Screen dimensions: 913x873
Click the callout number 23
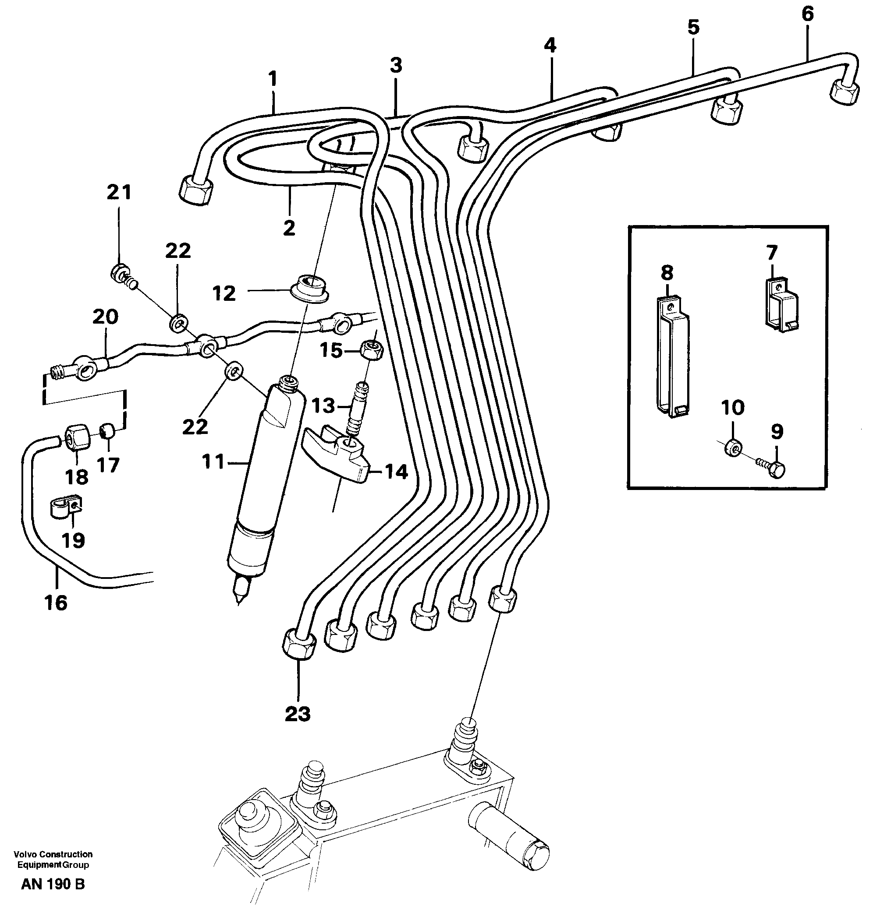[x=298, y=714]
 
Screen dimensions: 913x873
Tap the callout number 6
[x=807, y=14]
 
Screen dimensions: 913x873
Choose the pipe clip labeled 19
[x=66, y=508]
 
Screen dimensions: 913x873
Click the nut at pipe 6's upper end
[x=844, y=92]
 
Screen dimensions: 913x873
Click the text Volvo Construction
[x=53, y=854]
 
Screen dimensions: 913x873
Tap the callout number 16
[x=56, y=603]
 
